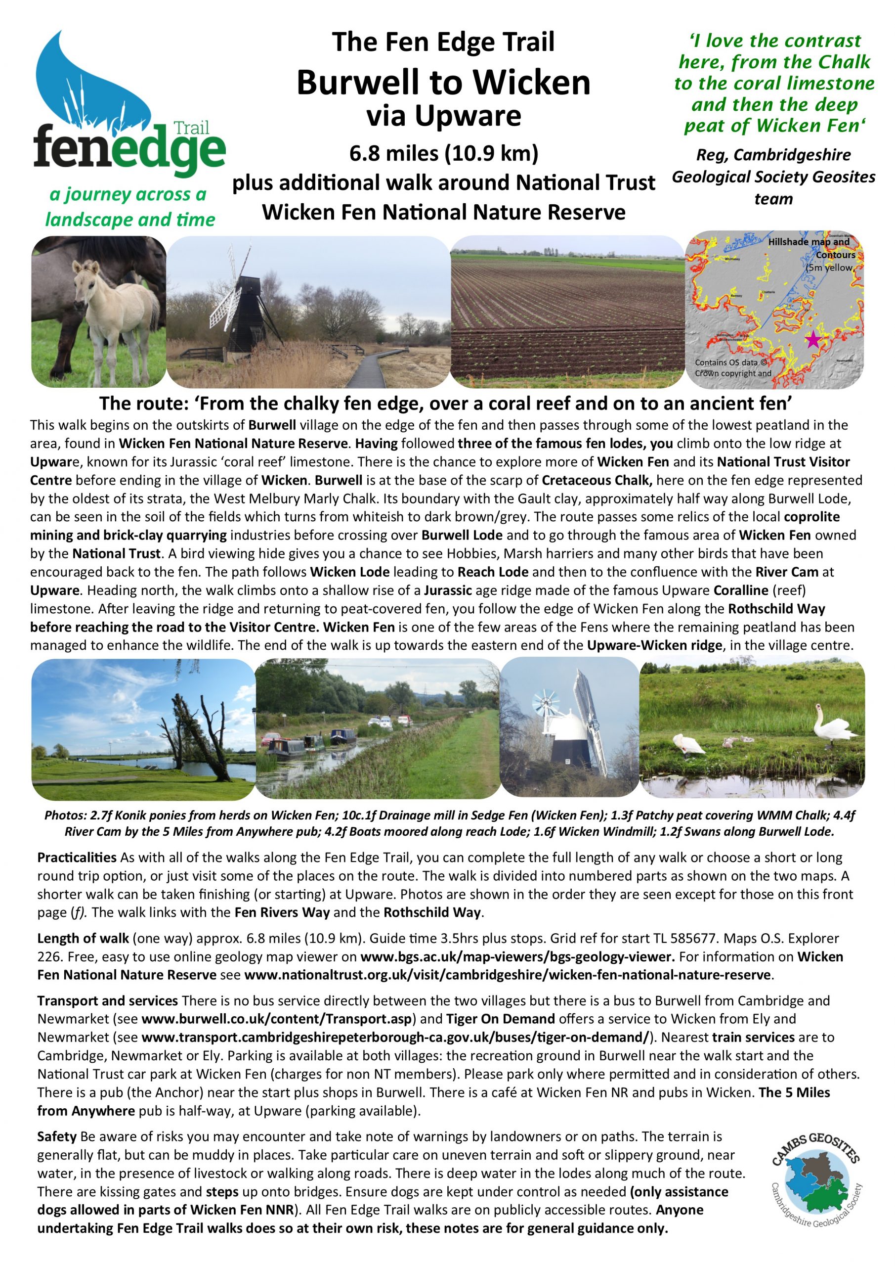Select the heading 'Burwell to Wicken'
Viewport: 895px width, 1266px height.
(443, 82)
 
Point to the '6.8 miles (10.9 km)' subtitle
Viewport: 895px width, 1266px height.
(443, 153)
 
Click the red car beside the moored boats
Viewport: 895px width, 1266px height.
(272, 737)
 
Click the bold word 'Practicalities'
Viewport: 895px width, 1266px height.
(77, 858)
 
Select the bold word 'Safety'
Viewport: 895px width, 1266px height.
(57, 1136)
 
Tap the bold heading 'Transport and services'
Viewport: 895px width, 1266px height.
(107, 1000)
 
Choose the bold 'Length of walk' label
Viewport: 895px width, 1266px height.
(83, 938)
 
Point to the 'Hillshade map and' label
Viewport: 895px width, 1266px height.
(809, 241)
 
